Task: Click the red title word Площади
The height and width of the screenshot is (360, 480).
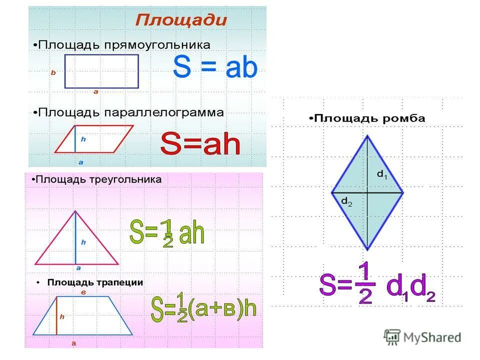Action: [x=181, y=20]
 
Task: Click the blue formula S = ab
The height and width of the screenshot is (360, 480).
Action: [x=215, y=68]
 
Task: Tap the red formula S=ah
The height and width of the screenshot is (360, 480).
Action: [x=200, y=145]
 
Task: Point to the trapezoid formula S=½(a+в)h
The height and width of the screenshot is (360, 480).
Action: [x=203, y=308]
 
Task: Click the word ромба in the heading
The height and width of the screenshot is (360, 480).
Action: [x=408, y=118]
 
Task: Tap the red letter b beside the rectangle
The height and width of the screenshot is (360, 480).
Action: [x=53, y=72]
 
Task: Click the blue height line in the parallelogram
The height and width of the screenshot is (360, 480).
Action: [x=75, y=138]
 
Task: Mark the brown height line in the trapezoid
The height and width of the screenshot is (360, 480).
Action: [x=56, y=315]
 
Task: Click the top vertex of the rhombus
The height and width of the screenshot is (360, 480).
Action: [x=367, y=135]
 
